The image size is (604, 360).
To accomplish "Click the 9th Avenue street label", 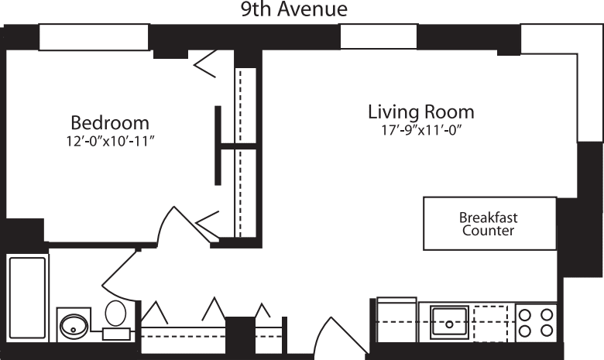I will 292,9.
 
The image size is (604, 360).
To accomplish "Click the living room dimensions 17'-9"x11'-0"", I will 420,130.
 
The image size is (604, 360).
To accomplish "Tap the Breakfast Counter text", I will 489,224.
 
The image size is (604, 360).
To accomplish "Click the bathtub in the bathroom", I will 27,297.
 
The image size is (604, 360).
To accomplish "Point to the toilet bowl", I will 116,314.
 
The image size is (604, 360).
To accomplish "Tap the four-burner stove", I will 536,322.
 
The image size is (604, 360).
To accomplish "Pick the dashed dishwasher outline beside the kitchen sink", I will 492,321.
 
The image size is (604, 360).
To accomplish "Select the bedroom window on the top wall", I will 94,37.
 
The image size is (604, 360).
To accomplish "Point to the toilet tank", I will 116,333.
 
